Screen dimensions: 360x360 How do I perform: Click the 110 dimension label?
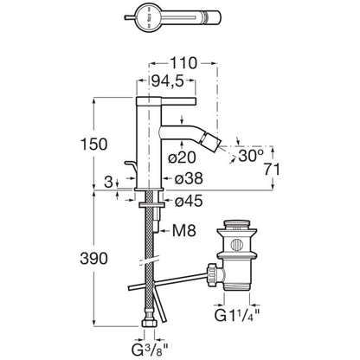click(x=183, y=63)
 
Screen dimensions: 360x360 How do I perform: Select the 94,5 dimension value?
click(x=168, y=81)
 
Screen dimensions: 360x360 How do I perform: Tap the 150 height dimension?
click(x=93, y=145)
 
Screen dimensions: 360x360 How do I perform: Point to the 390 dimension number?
click(x=93, y=259)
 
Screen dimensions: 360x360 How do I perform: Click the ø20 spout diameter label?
click(x=183, y=157)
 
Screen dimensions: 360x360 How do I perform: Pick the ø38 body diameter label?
click(x=189, y=179)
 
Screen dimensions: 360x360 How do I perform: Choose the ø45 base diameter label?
click(x=189, y=201)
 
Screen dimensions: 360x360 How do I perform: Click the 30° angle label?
click(x=251, y=156)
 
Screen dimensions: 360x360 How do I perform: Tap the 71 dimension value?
click(x=272, y=169)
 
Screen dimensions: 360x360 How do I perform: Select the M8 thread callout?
click(x=184, y=230)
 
